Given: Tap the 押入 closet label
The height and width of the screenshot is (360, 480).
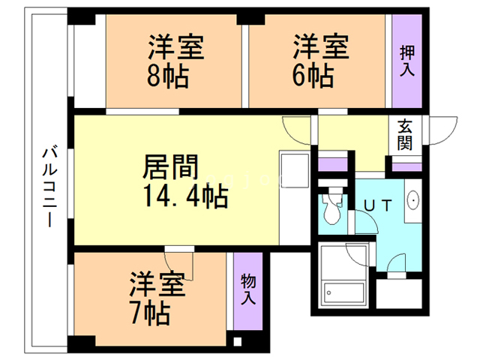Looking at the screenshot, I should click(x=407, y=61).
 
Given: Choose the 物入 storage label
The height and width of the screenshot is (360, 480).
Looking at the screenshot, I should click(x=247, y=289).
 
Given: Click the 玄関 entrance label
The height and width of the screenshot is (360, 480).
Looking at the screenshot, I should click(x=405, y=135).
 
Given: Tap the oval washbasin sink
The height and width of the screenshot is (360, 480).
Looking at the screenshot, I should click(x=412, y=201).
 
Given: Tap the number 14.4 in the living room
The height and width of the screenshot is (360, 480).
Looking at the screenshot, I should click(x=169, y=196).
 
